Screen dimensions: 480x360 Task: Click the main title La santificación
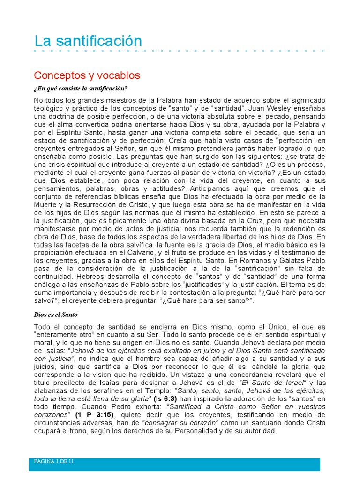coord(88,41)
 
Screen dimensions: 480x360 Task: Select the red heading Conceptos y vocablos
coord(87,75)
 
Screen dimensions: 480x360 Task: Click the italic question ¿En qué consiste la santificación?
coord(81,88)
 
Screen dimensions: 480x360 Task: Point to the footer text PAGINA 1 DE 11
coord(54,461)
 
